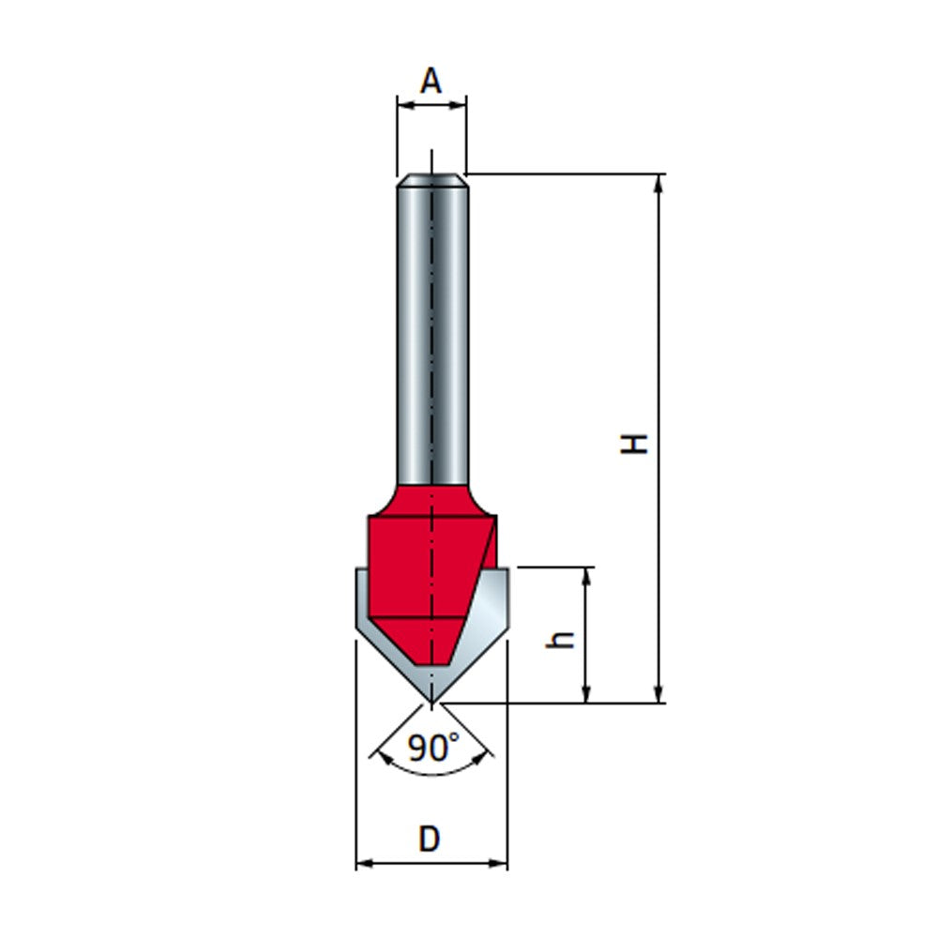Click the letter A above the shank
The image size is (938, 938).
point(431,83)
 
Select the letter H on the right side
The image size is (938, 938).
point(638,442)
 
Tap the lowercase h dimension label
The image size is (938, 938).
point(562,640)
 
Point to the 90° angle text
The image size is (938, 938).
point(433,748)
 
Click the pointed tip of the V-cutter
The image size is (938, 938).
point(431,700)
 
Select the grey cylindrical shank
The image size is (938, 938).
point(431,328)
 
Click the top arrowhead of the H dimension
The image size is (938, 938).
point(660,182)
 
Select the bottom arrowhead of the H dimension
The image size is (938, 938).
point(660,693)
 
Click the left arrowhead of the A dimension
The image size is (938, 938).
point(403,106)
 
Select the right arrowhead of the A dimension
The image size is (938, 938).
point(459,106)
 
